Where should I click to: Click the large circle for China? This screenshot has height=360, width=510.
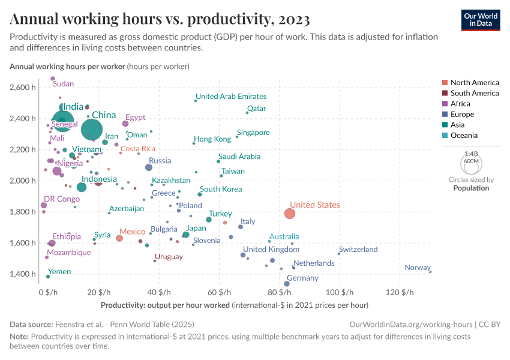(x=92, y=129)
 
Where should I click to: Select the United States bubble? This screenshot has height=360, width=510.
(x=290, y=214)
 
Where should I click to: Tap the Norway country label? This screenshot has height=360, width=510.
(x=417, y=268)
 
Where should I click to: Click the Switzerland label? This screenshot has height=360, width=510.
(x=358, y=250)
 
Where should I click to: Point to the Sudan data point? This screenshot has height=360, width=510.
(x=53, y=79)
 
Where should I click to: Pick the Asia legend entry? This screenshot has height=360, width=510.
(x=457, y=125)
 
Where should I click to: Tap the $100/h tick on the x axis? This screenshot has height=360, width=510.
(x=339, y=292)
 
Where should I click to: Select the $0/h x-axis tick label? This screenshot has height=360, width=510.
(x=48, y=292)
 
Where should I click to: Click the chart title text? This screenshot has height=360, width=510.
(x=160, y=19)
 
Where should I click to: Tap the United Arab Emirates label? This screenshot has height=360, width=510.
(x=231, y=96)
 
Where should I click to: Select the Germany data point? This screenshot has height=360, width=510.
(x=287, y=284)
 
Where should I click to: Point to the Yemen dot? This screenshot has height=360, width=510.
(x=48, y=277)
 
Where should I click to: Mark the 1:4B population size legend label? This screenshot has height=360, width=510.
(x=471, y=154)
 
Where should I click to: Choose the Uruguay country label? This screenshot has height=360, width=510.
(x=169, y=257)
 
